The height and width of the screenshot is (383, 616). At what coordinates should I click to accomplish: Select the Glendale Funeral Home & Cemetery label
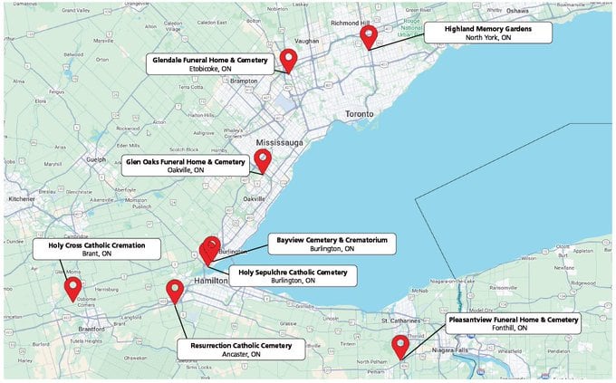point(210,63)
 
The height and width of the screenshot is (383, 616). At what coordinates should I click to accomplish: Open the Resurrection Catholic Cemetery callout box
point(242,349)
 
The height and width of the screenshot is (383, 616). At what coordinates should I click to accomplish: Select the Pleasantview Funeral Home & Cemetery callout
point(513,324)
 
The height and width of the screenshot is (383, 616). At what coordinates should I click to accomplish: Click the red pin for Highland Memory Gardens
point(368,36)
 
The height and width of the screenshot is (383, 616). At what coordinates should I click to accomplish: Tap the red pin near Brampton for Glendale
point(289,60)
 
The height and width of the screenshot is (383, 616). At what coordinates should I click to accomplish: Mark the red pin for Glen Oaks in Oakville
point(263,160)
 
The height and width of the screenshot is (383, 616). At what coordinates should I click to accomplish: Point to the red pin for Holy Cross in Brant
point(73,289)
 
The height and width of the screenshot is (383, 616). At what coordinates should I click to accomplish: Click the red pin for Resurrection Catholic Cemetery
point(175,291)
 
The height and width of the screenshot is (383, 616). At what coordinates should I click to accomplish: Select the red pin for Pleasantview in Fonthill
point(399,346)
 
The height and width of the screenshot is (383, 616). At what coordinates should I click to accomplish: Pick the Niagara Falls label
point(438,349)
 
